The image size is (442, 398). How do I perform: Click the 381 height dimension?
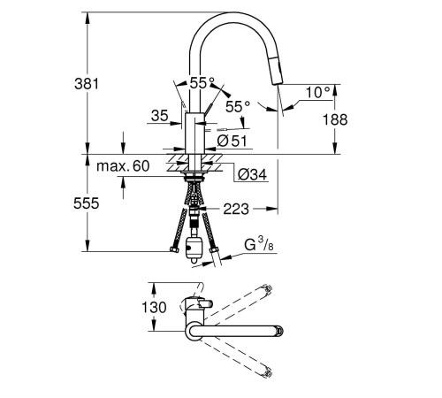click(x=87, y=84)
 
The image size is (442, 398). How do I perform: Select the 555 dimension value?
click(x=87, y=203)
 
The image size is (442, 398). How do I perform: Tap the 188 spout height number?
click(x=335, y=119)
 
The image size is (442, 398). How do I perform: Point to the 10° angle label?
click(x=318, y=92)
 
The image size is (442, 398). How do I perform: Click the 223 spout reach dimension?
click(x=236, y=209)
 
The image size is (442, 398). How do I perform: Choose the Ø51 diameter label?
click(x=232, y=141)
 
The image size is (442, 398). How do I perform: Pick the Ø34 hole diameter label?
click(x=252, y=174)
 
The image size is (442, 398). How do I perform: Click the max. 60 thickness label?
click(x=123, y=166)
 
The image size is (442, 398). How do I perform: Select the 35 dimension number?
click(x=160, y=115)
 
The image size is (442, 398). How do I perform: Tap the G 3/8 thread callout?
click(x=259, y=245)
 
